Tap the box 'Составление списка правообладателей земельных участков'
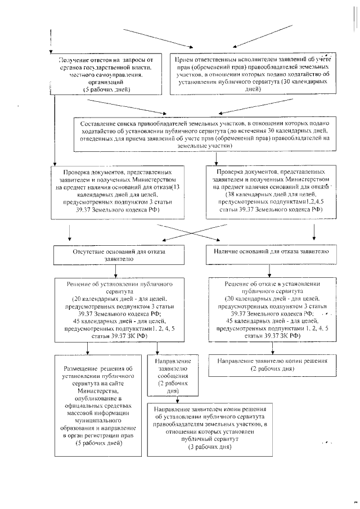(208, 134)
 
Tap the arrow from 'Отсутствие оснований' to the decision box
(115, 271)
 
